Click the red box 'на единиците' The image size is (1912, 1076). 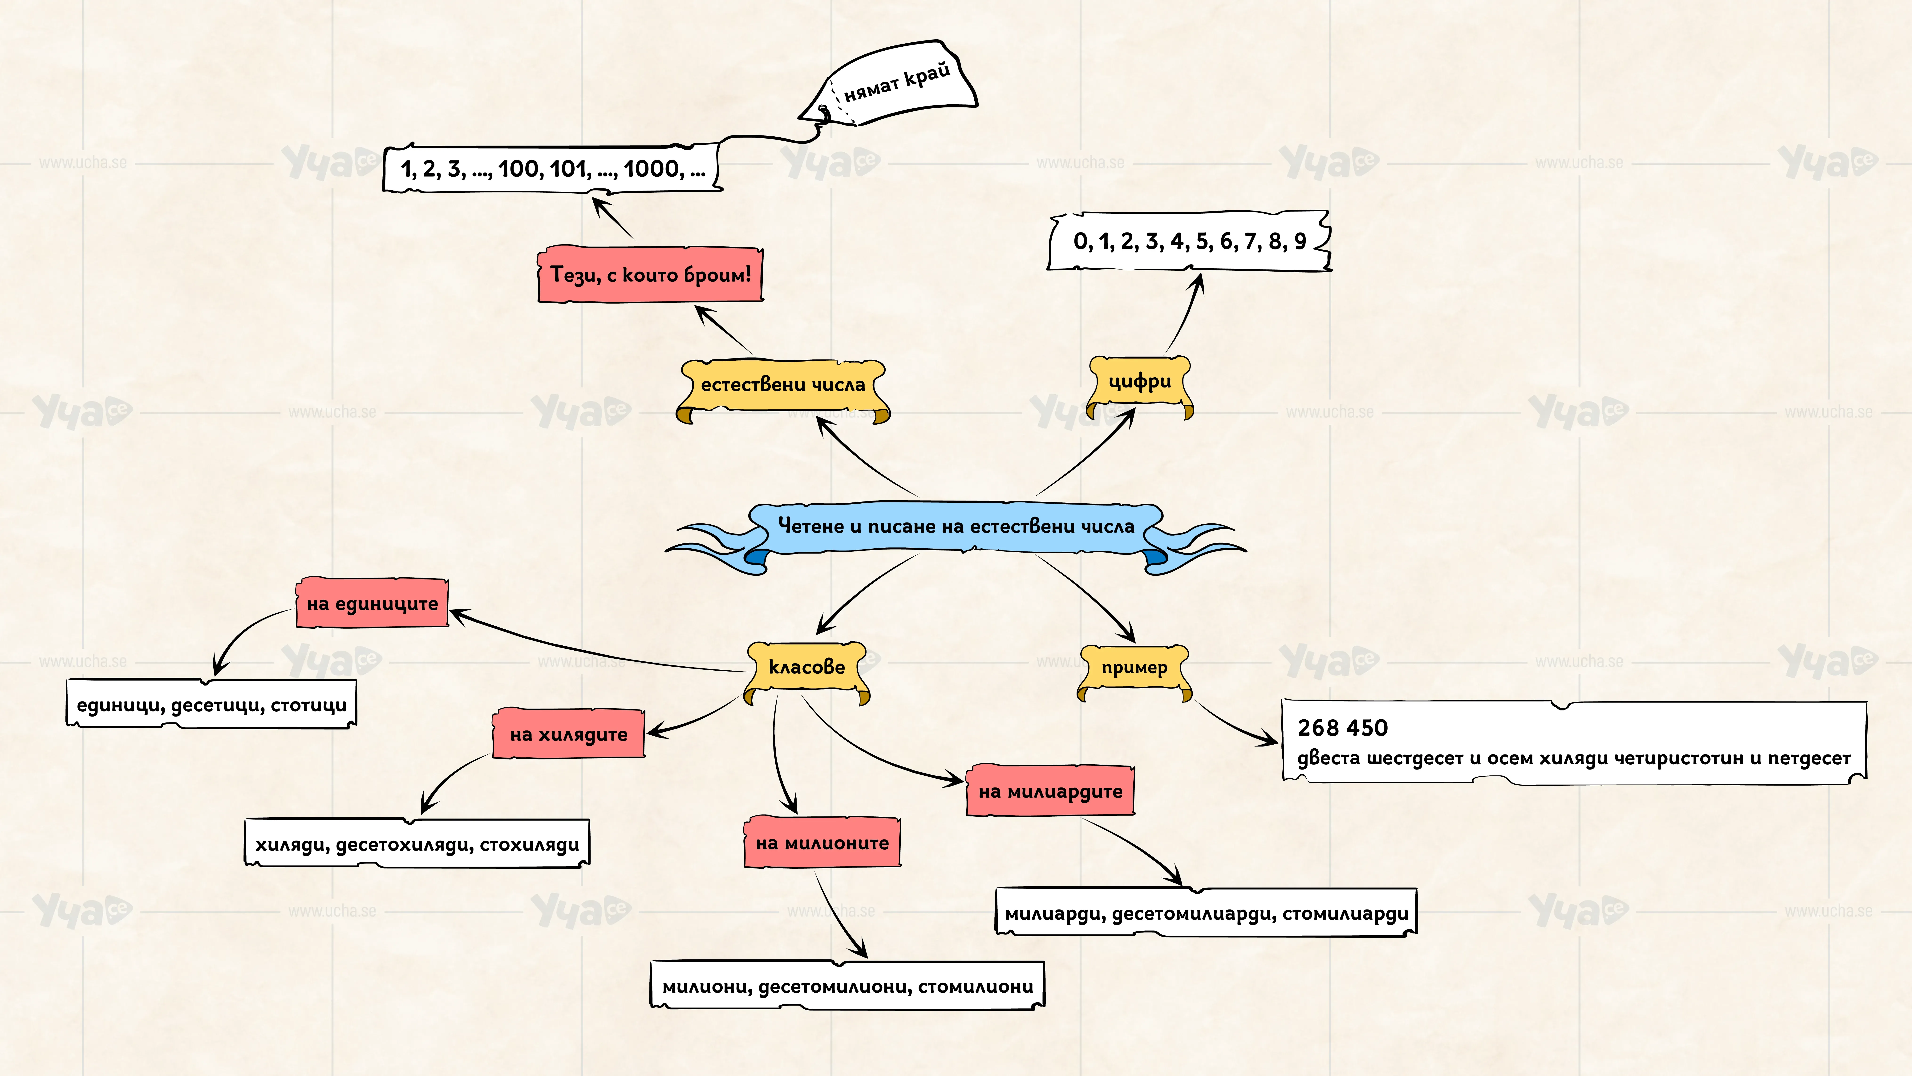click(x=373, y=603)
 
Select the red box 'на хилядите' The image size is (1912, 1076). click(x=569, y=734)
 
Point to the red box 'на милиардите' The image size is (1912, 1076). click(x=1050, y=791)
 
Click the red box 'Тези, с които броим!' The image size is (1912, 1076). click(x=650, y=274)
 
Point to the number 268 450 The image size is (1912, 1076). click(x=1343, y=728)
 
